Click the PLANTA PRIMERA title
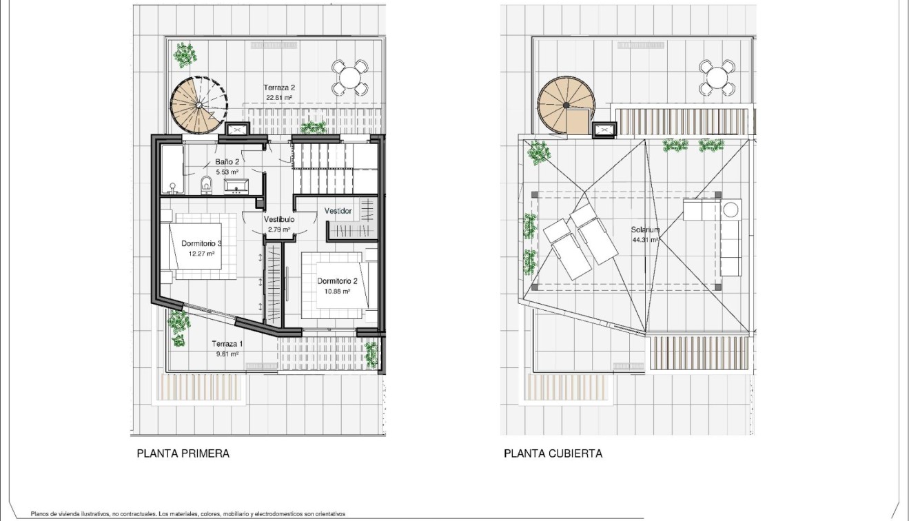point(183,453)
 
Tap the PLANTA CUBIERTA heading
point(553,453)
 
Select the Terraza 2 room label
point(279,88)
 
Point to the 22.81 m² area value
point(279,98)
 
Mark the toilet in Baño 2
point(205,185)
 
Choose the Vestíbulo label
point(279,219)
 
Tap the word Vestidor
point(338,211)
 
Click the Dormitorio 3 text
point(201,243)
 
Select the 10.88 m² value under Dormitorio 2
point(337,291)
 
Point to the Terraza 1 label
point(227,344)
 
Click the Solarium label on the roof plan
point(644,230)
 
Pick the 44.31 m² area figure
point(644,240)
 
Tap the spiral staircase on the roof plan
point(565,105)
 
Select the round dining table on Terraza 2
point(350,78)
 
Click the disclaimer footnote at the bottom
point(187,514)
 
